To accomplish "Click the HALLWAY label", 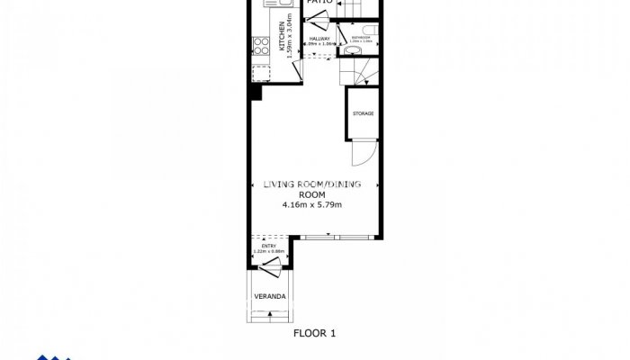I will coord(320,39).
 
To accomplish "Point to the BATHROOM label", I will coord(360,38).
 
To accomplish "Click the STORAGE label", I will coord(363,113).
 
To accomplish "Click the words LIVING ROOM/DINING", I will coord(312,184).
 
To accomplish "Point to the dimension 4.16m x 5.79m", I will coord(312,205).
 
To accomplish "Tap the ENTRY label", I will coord(268,246).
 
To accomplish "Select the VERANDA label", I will coord(269,296).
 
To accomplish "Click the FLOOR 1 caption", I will coord(314,332).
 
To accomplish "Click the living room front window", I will coord(334,238).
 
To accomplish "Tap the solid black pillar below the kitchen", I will coord(256,91).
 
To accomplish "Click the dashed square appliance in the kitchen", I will coord(261,72).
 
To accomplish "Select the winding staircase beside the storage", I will coord(356,72).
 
